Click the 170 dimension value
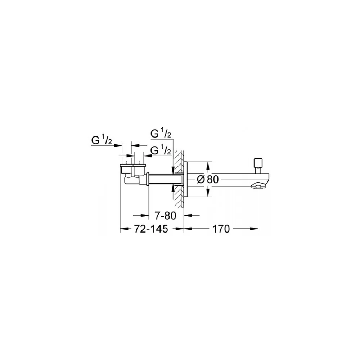point(221,229)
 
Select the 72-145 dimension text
point(151,229)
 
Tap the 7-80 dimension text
point(165,216)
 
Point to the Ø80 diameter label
point(208,179)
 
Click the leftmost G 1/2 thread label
point(102,140)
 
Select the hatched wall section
point(179,179)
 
